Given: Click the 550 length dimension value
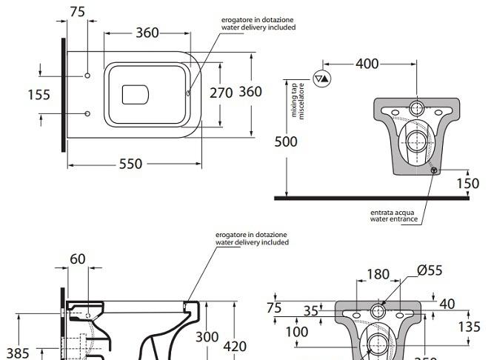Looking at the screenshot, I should pos(130,164).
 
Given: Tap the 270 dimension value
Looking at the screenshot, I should pos(221,92).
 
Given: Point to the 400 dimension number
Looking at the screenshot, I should pos(367,64).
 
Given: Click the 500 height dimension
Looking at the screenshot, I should pos(287,141).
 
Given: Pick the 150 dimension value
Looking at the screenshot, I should pos(467,184).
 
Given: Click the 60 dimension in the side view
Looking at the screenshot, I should pos(78,259).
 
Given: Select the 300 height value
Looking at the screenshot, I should pos(207,336).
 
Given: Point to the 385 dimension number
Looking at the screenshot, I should pos(18,353).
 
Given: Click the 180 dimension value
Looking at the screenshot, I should pos(378,275).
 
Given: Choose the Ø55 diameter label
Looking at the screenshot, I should pos(430,270).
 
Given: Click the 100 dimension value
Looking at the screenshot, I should pos(296,332).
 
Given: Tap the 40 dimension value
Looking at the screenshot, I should pos(447,304).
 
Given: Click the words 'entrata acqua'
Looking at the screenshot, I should pos(394,213).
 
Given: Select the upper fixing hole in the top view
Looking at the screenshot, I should pos(87,76).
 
